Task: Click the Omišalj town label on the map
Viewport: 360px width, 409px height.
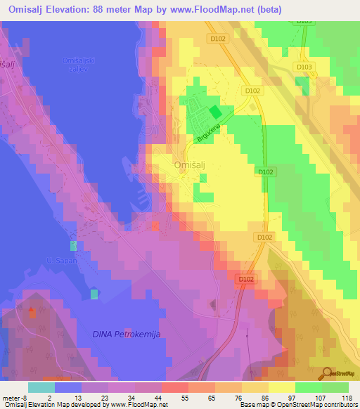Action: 189,164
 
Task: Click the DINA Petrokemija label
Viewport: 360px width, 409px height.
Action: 127,335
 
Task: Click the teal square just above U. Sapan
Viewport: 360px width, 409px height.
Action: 73,246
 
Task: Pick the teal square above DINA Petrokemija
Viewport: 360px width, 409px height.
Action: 94,293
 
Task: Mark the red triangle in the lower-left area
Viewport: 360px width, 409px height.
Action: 31,309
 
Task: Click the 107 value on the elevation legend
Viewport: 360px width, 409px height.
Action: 321,397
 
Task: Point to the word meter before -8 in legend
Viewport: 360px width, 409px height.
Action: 11,397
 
